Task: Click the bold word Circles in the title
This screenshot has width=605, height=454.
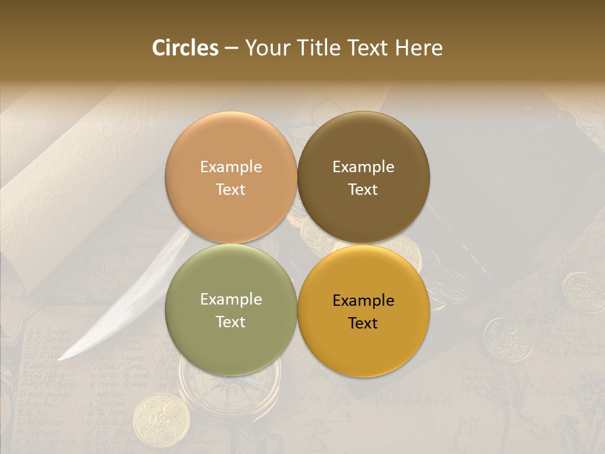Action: coord(185,48)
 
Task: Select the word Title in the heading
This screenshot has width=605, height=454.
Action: coord(317,48)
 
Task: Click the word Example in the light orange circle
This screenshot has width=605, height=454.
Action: coord(231,166)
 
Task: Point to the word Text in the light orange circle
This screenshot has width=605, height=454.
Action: coord(231,189)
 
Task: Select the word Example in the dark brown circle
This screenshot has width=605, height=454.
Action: coord(364,166)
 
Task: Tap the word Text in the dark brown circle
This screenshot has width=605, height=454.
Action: coord(364,189)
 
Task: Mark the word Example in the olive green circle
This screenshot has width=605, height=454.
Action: coord(231,299)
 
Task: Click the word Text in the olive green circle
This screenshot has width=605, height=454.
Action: coord(231,322)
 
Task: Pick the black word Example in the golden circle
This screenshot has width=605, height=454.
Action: coord(364,300)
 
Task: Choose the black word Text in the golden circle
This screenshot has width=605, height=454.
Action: coord(364,323)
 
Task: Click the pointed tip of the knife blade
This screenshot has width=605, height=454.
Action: coord(60,359)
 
